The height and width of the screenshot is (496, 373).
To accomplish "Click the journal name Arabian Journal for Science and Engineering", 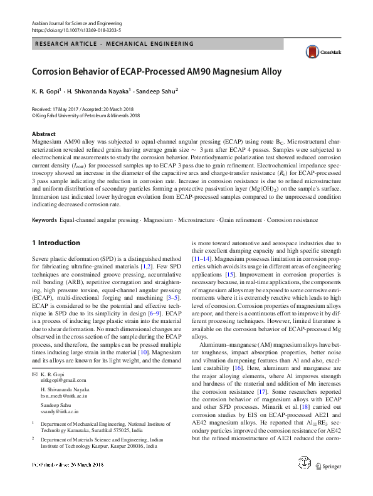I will click(x=75, y=23).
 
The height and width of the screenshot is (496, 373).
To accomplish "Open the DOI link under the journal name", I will click(x=76, y=29).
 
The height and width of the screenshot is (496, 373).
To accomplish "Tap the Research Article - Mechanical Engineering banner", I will click(x=114, y=44).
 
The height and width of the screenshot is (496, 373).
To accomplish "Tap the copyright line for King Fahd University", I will click(x=85, y=115).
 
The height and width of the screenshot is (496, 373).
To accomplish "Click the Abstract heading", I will click(x=43, y=134).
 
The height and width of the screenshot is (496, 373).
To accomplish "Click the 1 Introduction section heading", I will click(x=55, y=243).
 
